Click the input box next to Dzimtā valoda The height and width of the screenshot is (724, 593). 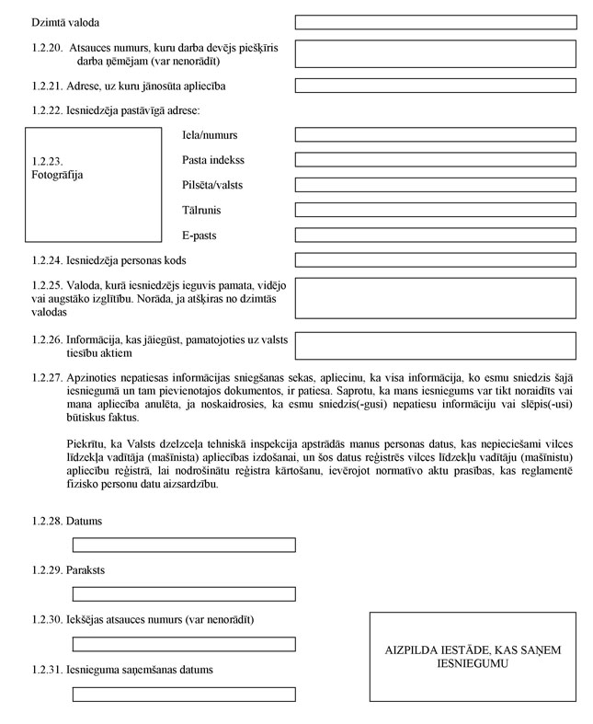coord(435,20)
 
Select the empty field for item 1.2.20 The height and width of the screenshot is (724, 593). coord(435,53)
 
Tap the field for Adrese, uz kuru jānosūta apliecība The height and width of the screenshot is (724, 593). coord(435,86)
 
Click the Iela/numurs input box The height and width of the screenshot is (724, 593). coord(435,134)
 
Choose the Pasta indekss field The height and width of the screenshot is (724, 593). coord(435,159)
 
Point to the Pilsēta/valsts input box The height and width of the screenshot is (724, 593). coord(435,185)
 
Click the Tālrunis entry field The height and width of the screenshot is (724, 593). coord(435,210)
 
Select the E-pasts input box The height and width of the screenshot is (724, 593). coord(435,236)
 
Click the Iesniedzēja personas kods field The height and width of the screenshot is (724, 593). coord(435,260)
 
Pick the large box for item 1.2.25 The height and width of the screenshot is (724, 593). coord(435,298)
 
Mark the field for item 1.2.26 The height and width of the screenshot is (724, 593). coord(435,345)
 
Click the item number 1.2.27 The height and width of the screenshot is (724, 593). coord(46,378)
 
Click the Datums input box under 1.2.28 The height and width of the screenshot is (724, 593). coord(184,545)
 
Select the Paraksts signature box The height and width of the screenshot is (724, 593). coord(184,594)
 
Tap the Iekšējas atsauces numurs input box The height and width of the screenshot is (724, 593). coord(184,644)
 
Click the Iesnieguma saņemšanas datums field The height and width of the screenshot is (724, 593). coord(184,694)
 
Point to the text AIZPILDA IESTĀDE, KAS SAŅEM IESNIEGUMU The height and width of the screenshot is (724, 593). coord(473,656)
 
